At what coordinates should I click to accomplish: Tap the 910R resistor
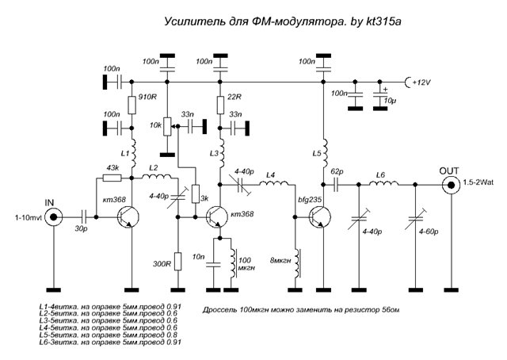point(132,103)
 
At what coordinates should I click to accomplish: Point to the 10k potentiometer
point(167,126)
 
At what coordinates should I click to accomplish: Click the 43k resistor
point(112,177)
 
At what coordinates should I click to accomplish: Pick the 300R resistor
point(177,260)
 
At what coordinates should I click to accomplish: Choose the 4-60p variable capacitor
point(414,216)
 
